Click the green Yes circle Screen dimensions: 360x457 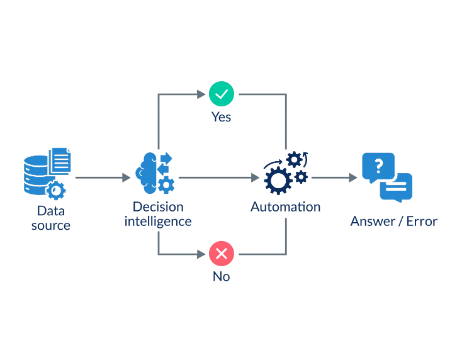pyautogui.click(x=221, y=93)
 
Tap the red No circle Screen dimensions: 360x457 pyautogui.click(x=221, y=254)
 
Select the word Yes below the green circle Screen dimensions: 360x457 pyautogui.click(x=221, y=117)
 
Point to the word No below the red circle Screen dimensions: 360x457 pyautogui.click(x=221, y=276)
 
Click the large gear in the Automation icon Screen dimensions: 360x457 pyautogui.click(x=277, y=179)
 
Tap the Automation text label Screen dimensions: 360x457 pyautogui.click(x=285, y=206)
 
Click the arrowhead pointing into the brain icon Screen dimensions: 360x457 pyautogui.click(x=127, y=179)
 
